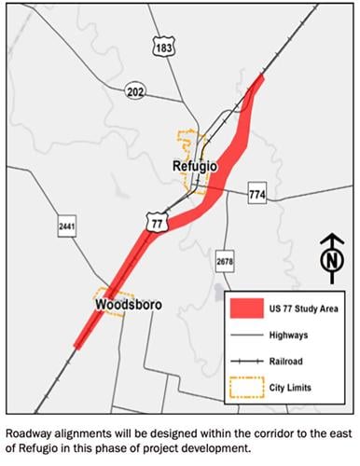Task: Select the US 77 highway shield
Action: pos(156,220)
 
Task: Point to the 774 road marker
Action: pos(258,194)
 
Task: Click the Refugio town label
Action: pos(195,167)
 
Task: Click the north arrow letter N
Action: pos(327,263)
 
